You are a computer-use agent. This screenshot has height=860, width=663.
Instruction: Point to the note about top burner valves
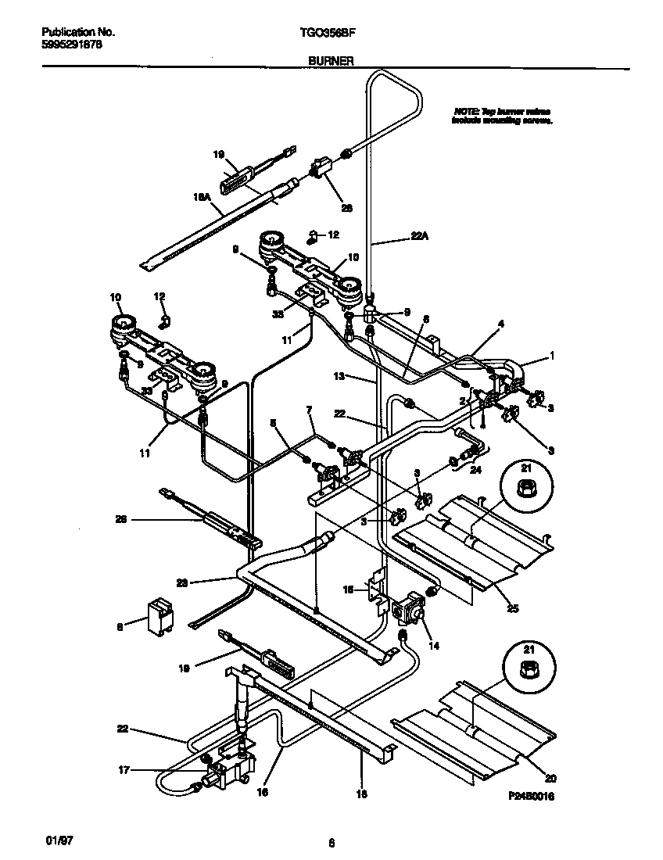[503, 116]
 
